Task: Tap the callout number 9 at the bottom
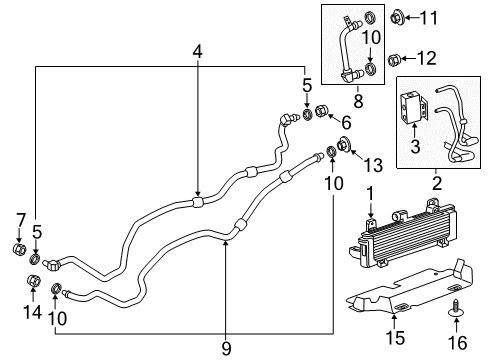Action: coord(225,347)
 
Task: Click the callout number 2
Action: coord(436,182)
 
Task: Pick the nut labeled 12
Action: coord(396,57)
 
